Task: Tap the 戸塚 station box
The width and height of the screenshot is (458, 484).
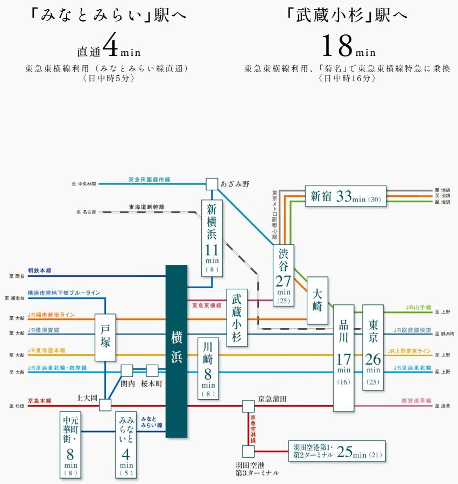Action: [x=105, y=337]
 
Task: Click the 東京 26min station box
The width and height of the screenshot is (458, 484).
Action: [x=372, y=346]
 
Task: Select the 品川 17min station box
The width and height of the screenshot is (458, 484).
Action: [x=343, y=357]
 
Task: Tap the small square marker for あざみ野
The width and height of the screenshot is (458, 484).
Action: [x=212, y=184]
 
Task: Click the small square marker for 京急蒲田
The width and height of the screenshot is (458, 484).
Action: [x=248, y=406]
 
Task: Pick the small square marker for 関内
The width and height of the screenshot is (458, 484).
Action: [x=127, y=371]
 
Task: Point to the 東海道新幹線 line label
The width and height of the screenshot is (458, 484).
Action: [x=146, y=207]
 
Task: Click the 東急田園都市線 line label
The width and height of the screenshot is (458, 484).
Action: [x=149, y=179]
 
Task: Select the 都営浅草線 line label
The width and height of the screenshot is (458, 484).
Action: [x=415, y=401]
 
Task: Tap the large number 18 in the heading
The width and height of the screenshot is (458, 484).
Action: [x=336, y=47]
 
